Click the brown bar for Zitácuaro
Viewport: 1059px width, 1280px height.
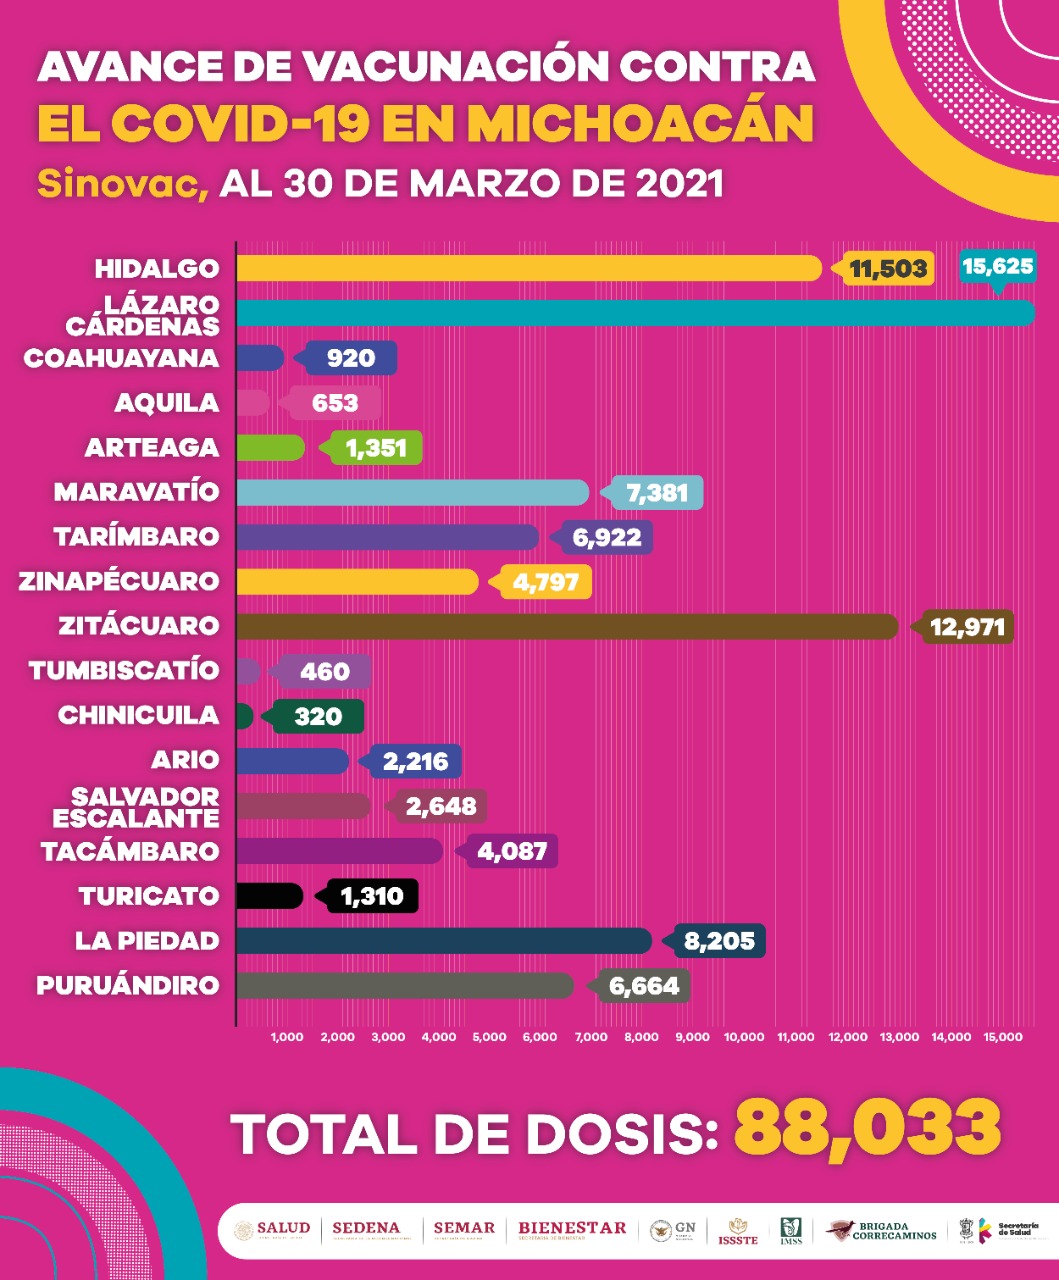(x=567, y=626)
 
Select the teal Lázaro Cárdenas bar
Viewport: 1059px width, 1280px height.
(x=635, y=312)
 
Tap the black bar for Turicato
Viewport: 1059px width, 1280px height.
(x=269, y=896)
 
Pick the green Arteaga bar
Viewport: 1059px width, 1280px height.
(x=270, y=447)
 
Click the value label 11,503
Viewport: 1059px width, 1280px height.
(x=888, y=268)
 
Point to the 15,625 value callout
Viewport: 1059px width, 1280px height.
(x=996, y=266)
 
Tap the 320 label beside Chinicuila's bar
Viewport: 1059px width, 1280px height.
(x=317, y=716)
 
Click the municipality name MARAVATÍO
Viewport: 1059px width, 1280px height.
(x=136, y=492)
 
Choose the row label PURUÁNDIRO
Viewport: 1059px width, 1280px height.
(x=127, y=985)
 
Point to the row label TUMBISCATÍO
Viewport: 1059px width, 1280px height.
(x=123, y=670)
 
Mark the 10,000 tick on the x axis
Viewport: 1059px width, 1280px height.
(x=744, y=1037)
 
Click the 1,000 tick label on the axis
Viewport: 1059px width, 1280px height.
(x=287, y=1037)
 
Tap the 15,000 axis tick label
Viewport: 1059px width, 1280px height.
(x=1002, y=1037)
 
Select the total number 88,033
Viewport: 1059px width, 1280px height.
(x=867, y=1127)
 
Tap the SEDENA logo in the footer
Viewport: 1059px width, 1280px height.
(x=365, y=1228)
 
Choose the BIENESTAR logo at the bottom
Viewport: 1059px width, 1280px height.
(x=572, y=1228)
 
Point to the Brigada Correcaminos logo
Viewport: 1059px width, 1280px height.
(x=882, y=1230)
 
